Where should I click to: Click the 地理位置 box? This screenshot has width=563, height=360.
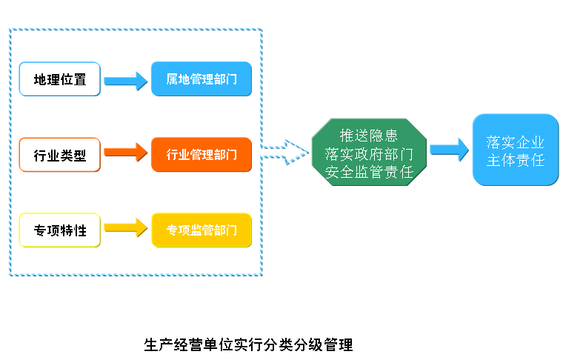click(x=60, y=79)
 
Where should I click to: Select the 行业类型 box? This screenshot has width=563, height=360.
click(x=60, y=155)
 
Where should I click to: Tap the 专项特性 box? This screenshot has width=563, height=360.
click(x=60, y=230)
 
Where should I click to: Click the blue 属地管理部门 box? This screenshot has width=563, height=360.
click(x=201, y=79)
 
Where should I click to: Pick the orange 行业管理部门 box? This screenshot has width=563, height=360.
click(x=201, y=155)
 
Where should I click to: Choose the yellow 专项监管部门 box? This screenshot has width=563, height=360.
click(x=201, y=230)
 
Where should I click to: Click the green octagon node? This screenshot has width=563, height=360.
click(x=369, y=154)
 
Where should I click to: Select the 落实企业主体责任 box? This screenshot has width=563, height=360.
click(x=516, y=150)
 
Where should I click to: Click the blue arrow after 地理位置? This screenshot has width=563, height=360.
click(x=126, y=80)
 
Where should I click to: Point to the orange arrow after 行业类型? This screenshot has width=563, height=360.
click(x=126, y=154)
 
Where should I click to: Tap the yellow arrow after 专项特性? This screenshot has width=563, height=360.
click(x=126, y=229)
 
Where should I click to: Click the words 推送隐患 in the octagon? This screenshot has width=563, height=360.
click(x=369, y=136)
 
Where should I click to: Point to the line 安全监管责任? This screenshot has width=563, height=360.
click(x=369, y=172)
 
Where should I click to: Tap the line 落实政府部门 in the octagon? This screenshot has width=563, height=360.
click(x=369, y=154)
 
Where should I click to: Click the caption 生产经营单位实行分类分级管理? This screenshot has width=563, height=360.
click(x=248, y=344)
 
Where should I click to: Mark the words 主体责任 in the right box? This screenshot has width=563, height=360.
click(x=516, y=159)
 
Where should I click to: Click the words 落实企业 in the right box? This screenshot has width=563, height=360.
click(x=516, y=141)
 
